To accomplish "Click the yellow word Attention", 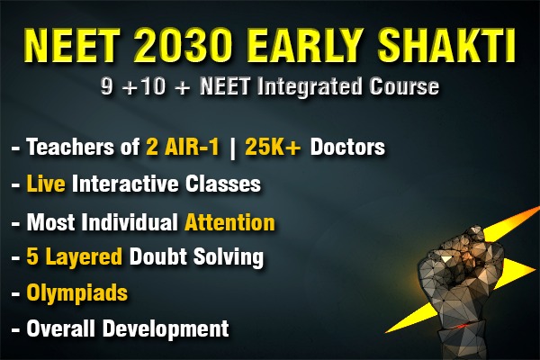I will [x=229, y=221].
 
